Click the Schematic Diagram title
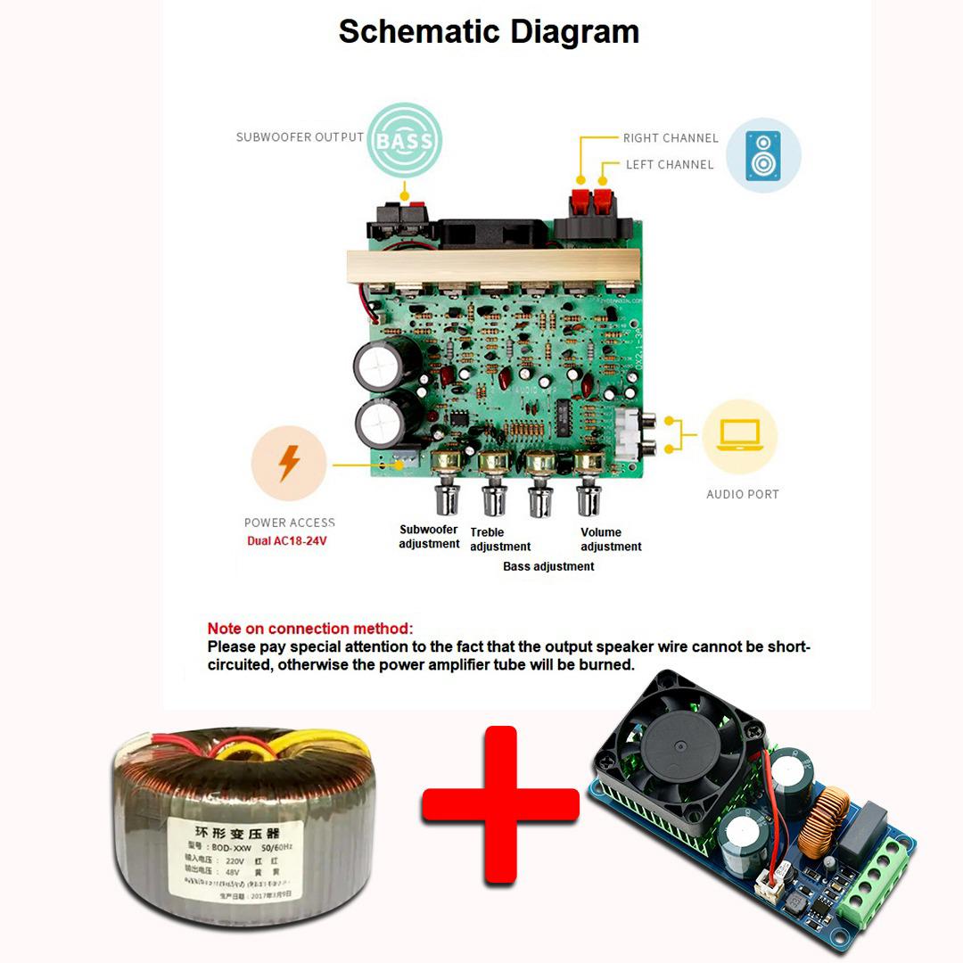pyautogui.click(x=489, y=32)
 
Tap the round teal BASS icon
pyautogui.click(x=405, y=140)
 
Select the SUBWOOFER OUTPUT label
pyautogui.click(x=300, y=137)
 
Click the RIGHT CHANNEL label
pyautogui.click(x=671, y=138)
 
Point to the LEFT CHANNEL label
pyautogui.click(x=670, y=165)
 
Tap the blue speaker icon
pyautogui.click(x=763, y=155)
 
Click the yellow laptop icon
pyautogui.click(x=739, y=436)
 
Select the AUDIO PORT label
pyautogui.click(x=742, y=494)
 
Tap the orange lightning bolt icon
pyautogui.click(x=289, y=464)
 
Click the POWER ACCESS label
pyautogui.click(x=290, y=523)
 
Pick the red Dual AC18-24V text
pyautogui.click(x=287, y=540)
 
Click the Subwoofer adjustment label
pyautogui.click(x=429, y=537)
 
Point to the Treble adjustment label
pyautogui.click(x=499, y=539)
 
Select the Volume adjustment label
pyautogui.click(x=611, y=539)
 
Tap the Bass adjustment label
pyautogui.click(x=548, y=566)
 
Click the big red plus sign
pyautogui.click(x=500, y=805)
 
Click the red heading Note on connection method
pyautogui.click(x=310, y=629)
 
